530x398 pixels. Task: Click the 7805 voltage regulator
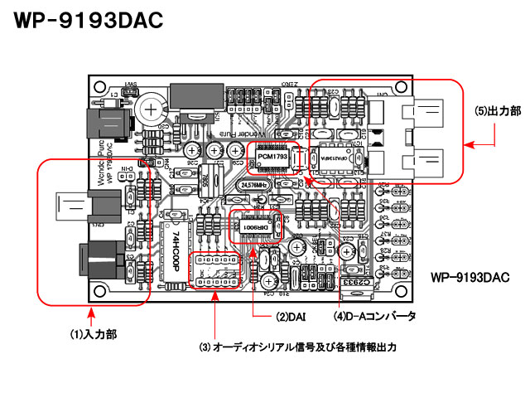click(x=211, y=173)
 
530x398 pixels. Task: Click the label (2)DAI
click(x=291, y=317)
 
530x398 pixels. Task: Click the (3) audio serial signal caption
click(x=301, y=347)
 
